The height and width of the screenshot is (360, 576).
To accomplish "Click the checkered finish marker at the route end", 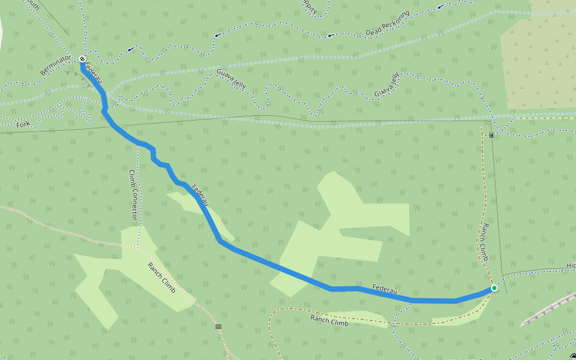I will [82, 59].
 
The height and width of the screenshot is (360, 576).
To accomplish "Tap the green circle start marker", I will [494, 288].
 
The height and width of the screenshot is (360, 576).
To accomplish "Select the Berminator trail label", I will [55, 65].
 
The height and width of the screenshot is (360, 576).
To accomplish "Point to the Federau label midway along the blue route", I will [200, 196].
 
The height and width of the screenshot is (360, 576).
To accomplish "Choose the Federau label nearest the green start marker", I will [385, 290].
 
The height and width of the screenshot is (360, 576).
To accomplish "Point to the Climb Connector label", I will [133, 194].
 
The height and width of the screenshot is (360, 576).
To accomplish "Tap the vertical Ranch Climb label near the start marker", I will [483, 243].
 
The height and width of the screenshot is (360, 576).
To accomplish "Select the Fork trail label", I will [23, 124].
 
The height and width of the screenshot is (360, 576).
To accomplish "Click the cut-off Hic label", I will [570, 265].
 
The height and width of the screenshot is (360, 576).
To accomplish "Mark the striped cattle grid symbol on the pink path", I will [218, 326].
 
